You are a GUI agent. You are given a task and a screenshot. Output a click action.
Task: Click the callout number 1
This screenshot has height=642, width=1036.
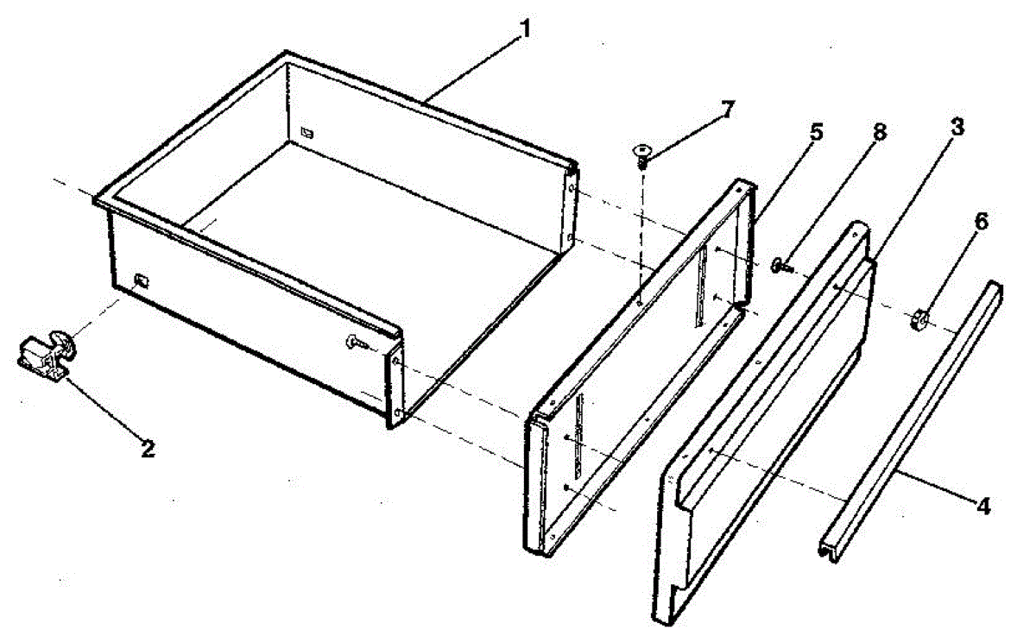point(524,28)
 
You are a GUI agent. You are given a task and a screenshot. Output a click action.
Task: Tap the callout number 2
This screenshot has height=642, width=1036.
point(148,449)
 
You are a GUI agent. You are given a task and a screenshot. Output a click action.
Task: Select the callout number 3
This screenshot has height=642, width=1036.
point(957,127)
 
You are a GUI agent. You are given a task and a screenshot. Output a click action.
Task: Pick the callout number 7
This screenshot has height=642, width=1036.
point(728,110)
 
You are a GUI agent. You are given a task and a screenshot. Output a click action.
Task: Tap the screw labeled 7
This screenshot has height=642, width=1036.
point(641,155)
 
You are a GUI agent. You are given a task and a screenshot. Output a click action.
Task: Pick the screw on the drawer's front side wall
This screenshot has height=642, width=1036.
point(357,343)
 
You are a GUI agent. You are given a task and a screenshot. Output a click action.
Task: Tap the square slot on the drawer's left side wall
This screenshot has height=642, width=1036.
point(142,280)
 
